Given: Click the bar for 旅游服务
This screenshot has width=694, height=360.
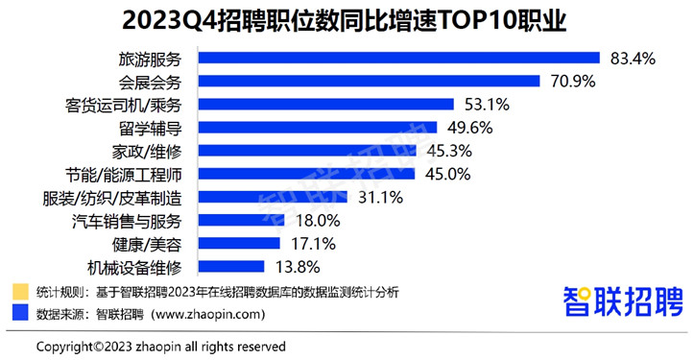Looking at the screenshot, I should pos(398,59).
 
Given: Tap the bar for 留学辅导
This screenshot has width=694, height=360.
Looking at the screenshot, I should pos(318,128).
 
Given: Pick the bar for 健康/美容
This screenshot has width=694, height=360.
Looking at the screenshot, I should pos(239,243).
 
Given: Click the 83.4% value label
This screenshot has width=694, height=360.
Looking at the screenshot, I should pos(633,59).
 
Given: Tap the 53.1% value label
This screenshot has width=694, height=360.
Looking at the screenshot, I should pos(487,105).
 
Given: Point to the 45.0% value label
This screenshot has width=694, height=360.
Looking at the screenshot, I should pos(446,174).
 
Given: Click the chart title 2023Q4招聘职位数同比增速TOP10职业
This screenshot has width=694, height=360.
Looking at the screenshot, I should pos(347,20).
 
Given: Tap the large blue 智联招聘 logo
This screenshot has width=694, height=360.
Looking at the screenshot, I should pos(623,301).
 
